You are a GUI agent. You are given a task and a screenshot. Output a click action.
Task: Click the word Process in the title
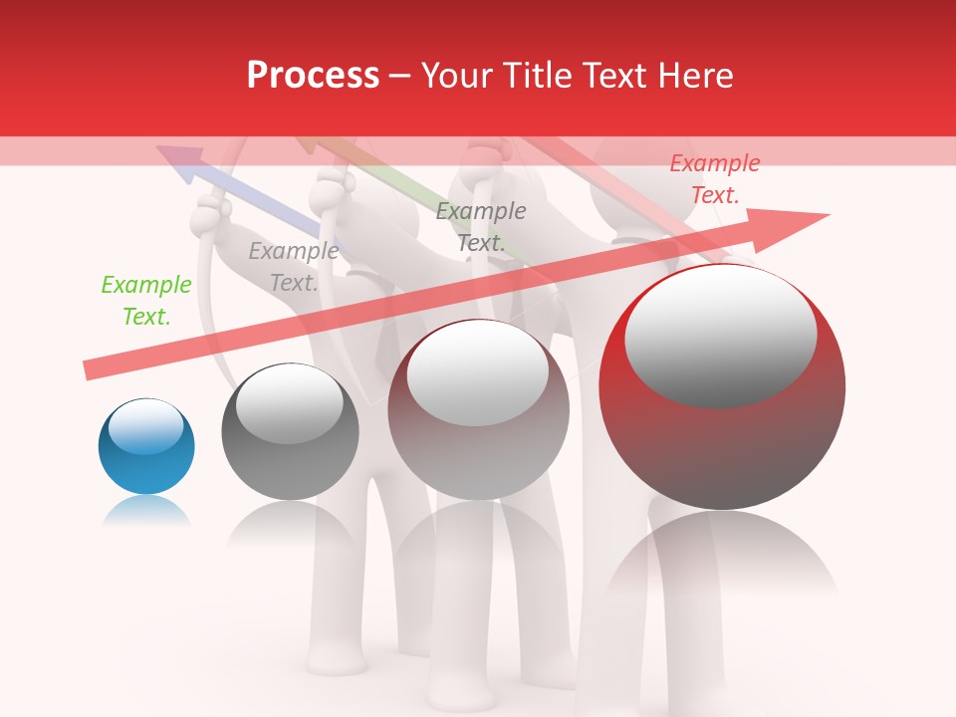click(313, 76)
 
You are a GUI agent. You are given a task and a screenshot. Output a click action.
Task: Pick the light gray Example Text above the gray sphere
click(293, 267)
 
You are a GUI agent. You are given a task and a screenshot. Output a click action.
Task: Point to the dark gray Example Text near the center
click(481, 226)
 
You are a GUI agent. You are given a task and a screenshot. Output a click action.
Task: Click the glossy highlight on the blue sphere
click(146, 425)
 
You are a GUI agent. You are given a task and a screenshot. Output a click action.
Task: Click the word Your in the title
click(460, 76)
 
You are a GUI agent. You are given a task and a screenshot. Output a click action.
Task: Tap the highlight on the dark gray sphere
click(289, 402)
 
